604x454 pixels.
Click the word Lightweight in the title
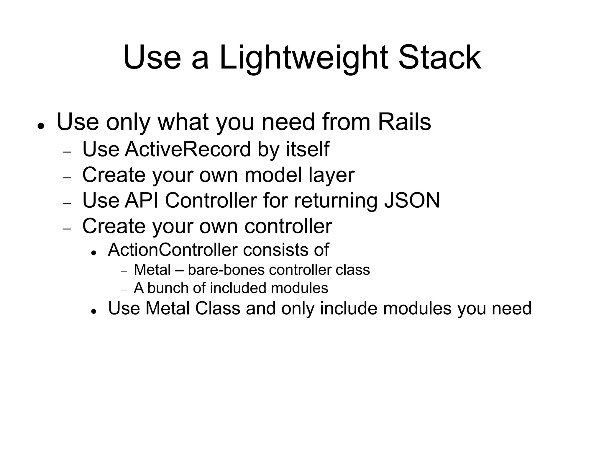pos(303,58)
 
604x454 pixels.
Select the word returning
pos(336,201)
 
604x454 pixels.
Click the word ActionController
pos(173,250)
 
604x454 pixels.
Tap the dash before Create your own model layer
pos(67,178)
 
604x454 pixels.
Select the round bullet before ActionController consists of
pos(94,253)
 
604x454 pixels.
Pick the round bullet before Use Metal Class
pos(94,311)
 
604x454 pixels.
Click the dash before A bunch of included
pos(124,290)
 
